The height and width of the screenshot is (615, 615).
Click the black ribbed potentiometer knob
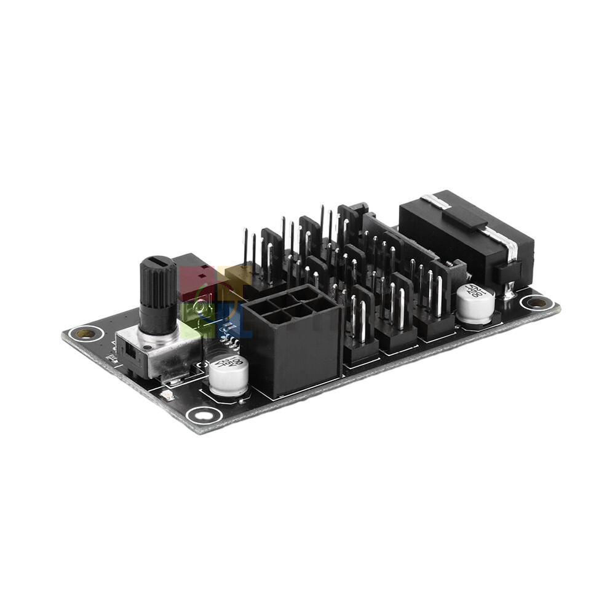click(158, 295)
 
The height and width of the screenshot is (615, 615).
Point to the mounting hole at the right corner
click(537, 302)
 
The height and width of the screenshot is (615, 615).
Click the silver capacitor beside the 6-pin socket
click(228, 375)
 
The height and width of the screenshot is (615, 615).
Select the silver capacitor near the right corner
click(475, 304)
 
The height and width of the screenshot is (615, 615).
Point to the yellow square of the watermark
click(234, 277)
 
